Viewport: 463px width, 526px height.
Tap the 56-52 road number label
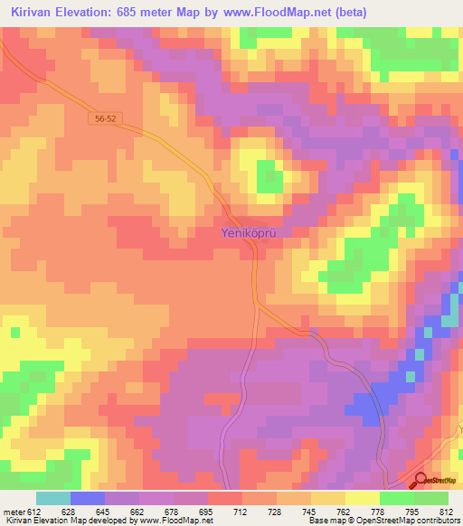106,118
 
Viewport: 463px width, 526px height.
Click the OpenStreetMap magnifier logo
420,481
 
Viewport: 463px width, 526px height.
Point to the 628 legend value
70,512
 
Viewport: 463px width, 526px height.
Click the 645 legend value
105,512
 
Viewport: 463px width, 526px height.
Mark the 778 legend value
379,512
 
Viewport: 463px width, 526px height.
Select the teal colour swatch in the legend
52,498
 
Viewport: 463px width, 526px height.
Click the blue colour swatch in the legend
87,498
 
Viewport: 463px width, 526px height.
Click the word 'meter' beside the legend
13,512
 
